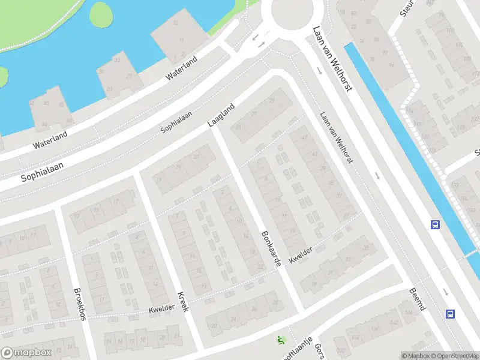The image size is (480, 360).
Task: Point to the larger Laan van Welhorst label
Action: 332,59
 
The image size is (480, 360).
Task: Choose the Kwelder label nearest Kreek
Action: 162,307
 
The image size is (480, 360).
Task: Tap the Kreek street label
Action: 183,301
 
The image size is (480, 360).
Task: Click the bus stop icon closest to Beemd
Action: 450,313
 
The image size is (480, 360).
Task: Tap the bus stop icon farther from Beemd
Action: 434,225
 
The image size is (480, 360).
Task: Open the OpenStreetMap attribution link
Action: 454,356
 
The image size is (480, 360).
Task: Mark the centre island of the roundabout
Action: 293,12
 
